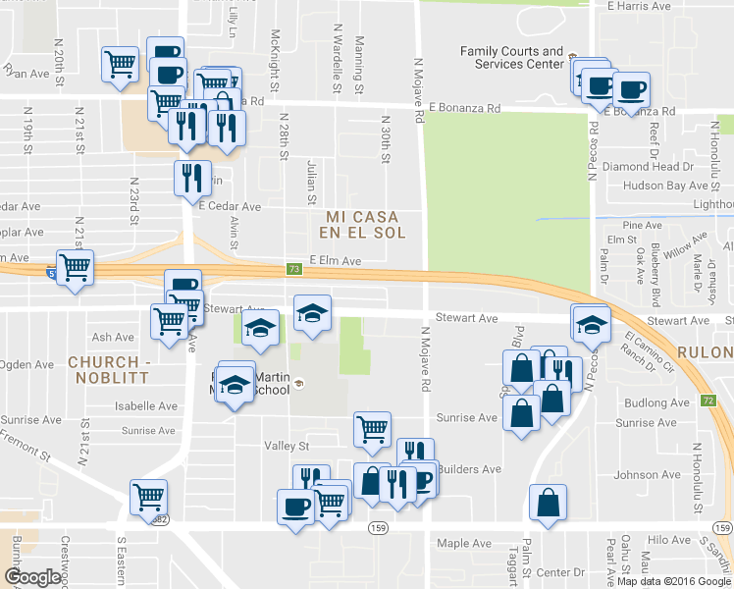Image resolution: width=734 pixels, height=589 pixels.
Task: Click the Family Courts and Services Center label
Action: (512, 58)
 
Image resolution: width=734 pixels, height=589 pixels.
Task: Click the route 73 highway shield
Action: (293, 269)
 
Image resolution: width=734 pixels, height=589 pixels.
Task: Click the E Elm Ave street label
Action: (336, 261)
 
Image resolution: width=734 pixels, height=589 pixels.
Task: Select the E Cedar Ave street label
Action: (230, 207)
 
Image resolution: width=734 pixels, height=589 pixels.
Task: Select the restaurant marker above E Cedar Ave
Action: (191, 177)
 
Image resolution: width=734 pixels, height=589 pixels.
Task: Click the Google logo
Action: (32, 577)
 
